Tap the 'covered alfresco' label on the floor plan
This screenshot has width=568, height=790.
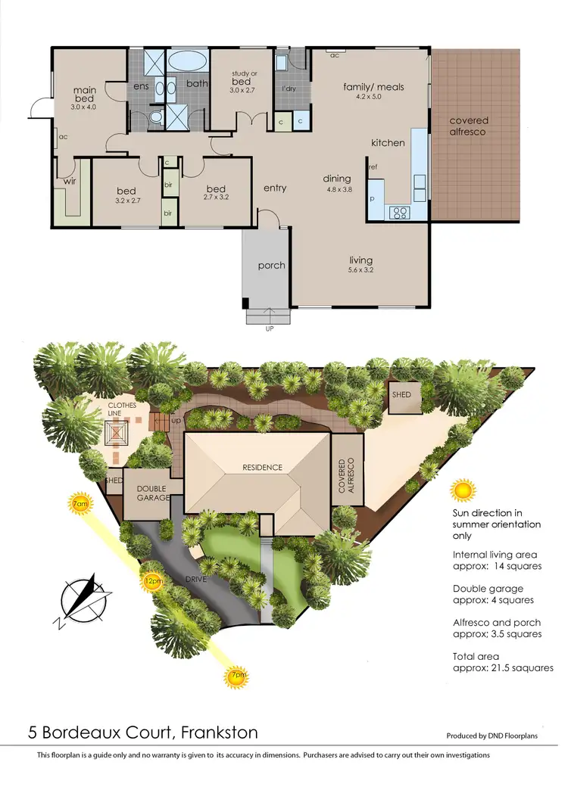pos(469,126)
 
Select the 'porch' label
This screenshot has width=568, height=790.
pos(271,265)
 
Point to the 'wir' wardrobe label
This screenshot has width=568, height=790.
pos(69,182)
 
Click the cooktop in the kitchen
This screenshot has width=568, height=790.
pos(399,213)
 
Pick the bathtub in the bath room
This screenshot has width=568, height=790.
pos(185,61)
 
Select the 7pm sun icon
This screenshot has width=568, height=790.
pos(236,675)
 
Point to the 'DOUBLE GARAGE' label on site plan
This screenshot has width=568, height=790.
pos(151,493)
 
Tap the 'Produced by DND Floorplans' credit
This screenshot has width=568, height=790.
pos(492,736)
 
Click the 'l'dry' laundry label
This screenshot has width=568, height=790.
pos(288,89)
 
